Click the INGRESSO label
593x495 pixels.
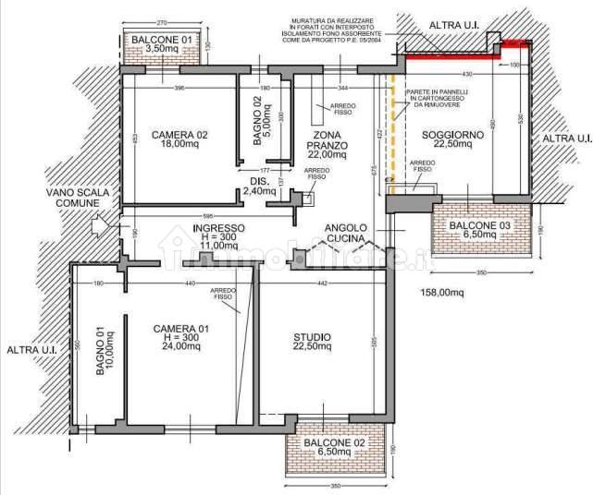point(218,235)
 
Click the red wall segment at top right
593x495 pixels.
point(463,54)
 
